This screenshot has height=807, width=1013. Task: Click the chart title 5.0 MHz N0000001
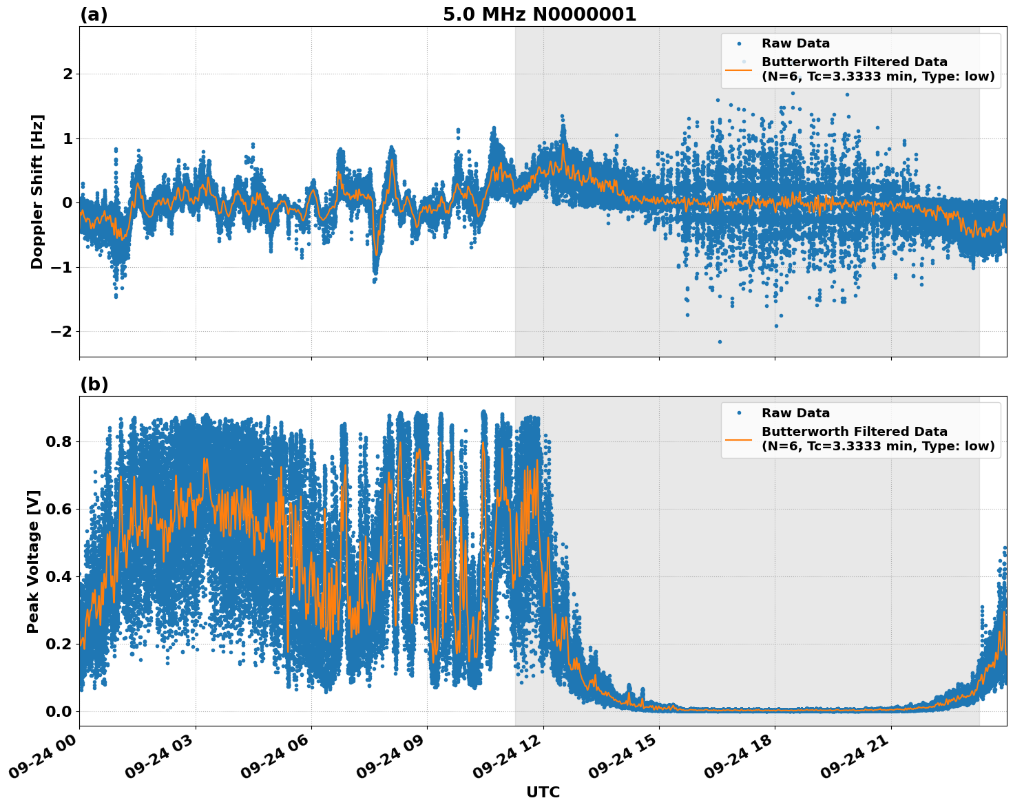click(x=539, y=14)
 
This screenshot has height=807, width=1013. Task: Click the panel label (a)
click(x=94, y=14)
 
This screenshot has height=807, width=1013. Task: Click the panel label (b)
click(x=94, y=384)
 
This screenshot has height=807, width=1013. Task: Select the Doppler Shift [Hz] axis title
click(x=37, y=191)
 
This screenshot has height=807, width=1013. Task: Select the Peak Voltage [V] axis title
click(x=33, y=561)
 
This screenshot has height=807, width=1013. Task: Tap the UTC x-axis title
click(x=543, y=792)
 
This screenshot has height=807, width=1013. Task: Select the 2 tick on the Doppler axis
click(x=67, y=74)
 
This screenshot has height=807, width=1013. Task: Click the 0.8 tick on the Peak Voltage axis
click(x=59, y=441)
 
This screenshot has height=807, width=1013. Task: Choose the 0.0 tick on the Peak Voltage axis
click(x=59, y=711)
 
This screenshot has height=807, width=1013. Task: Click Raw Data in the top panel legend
click(x=795, y=43)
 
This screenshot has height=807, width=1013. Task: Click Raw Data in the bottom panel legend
click(x=795, y=413)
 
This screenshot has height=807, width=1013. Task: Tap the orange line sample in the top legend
click(x=738, y=70)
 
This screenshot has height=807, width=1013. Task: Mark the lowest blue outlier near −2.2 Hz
click(x=720, y=342)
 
